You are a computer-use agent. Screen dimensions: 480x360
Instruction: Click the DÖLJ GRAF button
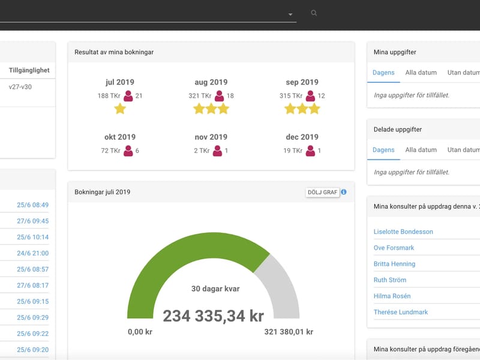tap(322, 192)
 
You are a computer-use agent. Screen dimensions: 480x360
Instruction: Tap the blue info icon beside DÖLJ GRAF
tap(344, 192)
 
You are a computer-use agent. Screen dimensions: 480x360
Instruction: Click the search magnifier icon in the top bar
tap(314, 13)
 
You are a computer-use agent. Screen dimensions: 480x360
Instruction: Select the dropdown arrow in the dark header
tap(290, 14)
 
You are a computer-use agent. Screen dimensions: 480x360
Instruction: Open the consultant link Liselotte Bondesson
tap(403, 232)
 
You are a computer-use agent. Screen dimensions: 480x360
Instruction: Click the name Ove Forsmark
tap(394, 248)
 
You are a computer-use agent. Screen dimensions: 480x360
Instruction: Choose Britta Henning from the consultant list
tap(394, 264)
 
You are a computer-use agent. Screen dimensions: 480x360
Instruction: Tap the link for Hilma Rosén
tap(392, 296)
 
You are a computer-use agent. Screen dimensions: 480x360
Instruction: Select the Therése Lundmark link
tap(400, 312)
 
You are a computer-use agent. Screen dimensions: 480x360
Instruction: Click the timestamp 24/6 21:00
tap(33, 253)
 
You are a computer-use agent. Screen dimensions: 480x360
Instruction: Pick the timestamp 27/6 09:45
tap(33, 221)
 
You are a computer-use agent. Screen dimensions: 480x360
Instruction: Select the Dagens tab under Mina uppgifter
tap(383, 73)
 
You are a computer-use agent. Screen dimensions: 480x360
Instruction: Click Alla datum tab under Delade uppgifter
tap(421, 149)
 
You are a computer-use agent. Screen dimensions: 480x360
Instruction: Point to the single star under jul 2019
tap(120, 109)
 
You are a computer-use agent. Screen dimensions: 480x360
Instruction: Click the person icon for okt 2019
tap(128, 151)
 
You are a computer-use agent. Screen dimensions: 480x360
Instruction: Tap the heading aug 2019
tap(211, 82)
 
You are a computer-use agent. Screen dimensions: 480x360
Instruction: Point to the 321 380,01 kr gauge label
tap(289, 332)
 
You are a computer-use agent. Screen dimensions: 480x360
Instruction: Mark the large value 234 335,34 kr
tap(214, 316)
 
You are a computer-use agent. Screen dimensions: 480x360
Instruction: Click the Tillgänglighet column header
tap(29, 70)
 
